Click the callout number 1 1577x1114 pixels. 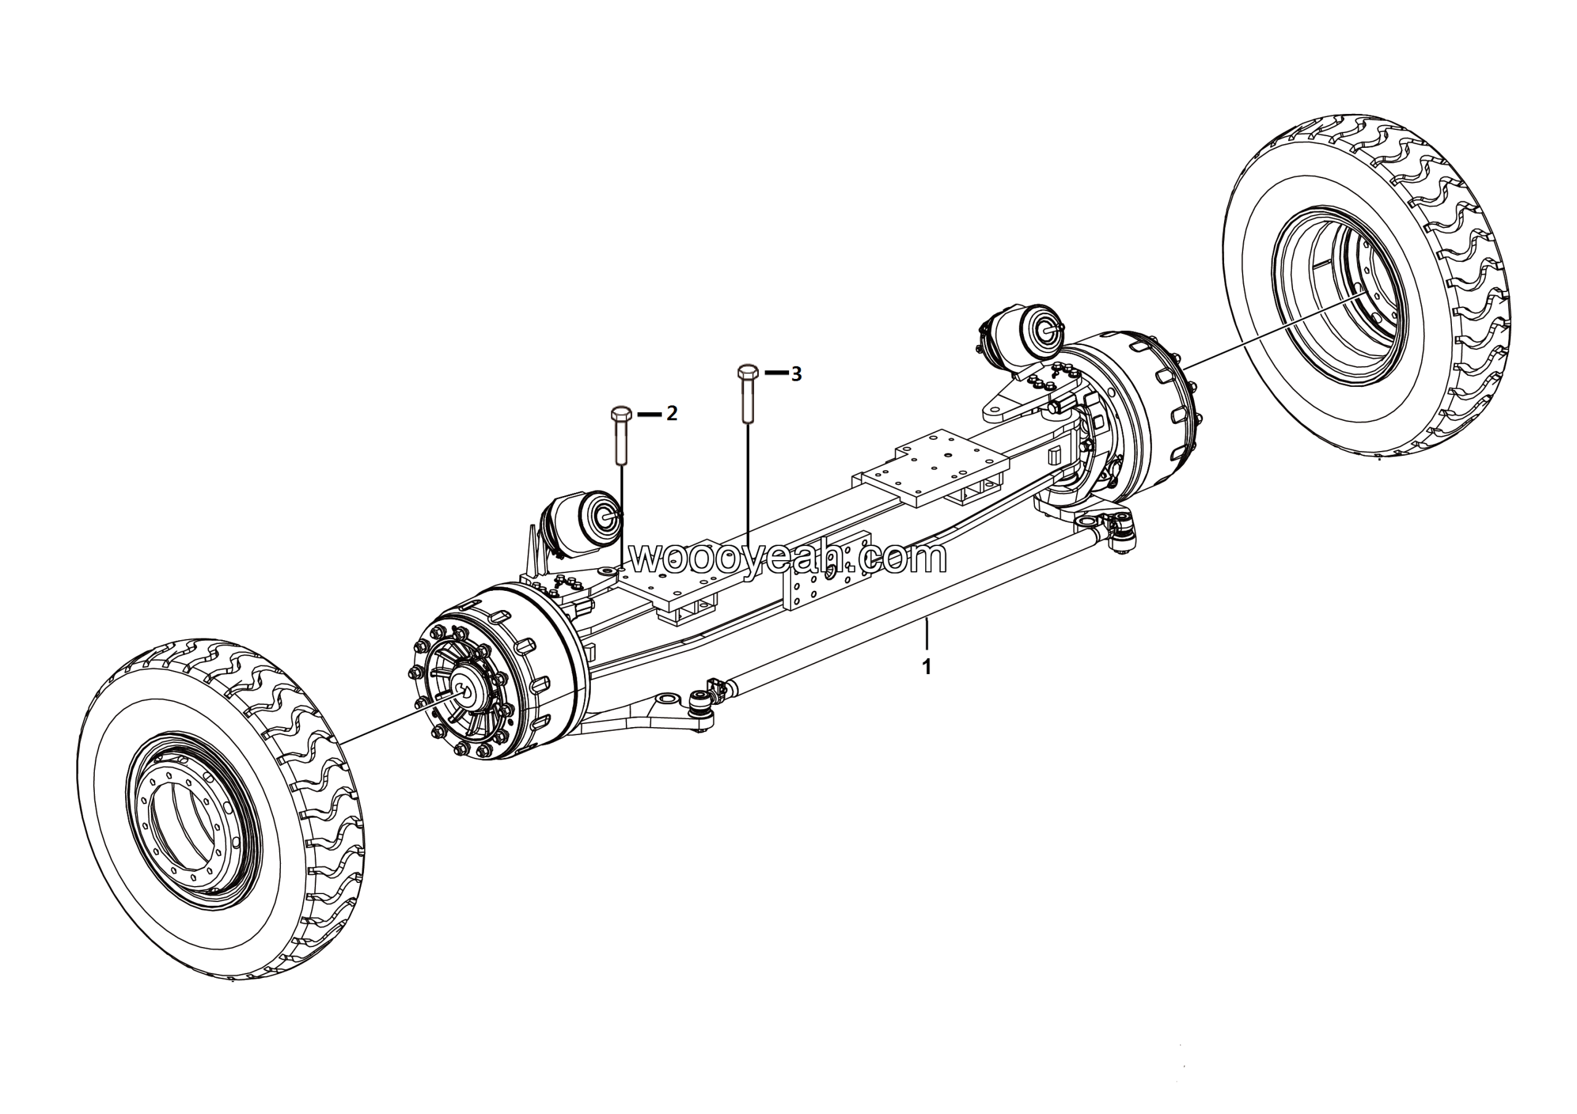pyautogui.click(x=926, y=666)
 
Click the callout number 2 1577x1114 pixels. pyautogui.click(x=671, y=413)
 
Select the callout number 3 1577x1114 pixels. pyautogui.click(x=796, y=374)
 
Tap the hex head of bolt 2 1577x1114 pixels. pyautogui.click(x=621, y=414)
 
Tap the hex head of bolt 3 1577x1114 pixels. pyautogui.click(x=747, y=372)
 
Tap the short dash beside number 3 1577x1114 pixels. pyautogui.click(x=777, y=373)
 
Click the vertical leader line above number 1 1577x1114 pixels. pyautogui.click(x=926, y=635)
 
